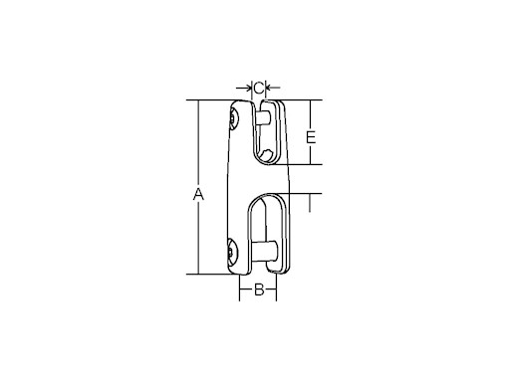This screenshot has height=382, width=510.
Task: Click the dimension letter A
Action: pyautogui.click(x=198, y=195)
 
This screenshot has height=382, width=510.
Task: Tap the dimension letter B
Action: pyautogui.click(x=257, y=290)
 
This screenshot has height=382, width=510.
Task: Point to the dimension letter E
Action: pyautogui.click(x=311, y=136)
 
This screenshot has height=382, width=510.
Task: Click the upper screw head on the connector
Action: pyautogui.click(x=233, y=121)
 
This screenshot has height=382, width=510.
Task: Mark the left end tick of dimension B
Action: pyautogui.click(x=239, y=290)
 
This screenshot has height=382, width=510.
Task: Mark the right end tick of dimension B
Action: pyautogui.click(x=277, y=290)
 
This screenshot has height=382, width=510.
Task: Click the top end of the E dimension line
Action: pyautogui.click(x=311, y=100)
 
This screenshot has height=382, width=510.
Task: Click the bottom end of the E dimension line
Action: pyautogui.click(x=311, y=165)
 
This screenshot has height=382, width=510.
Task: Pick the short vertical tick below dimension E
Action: pyautogui.click(x=311, y=202)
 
